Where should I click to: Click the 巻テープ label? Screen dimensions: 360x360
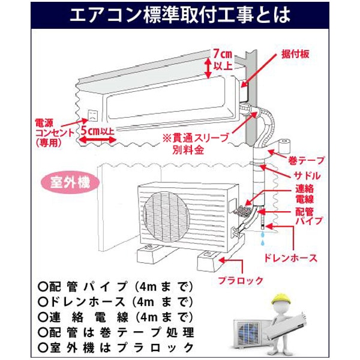(307, 160)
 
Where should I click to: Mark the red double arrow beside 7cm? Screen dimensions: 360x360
(208, 65)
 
